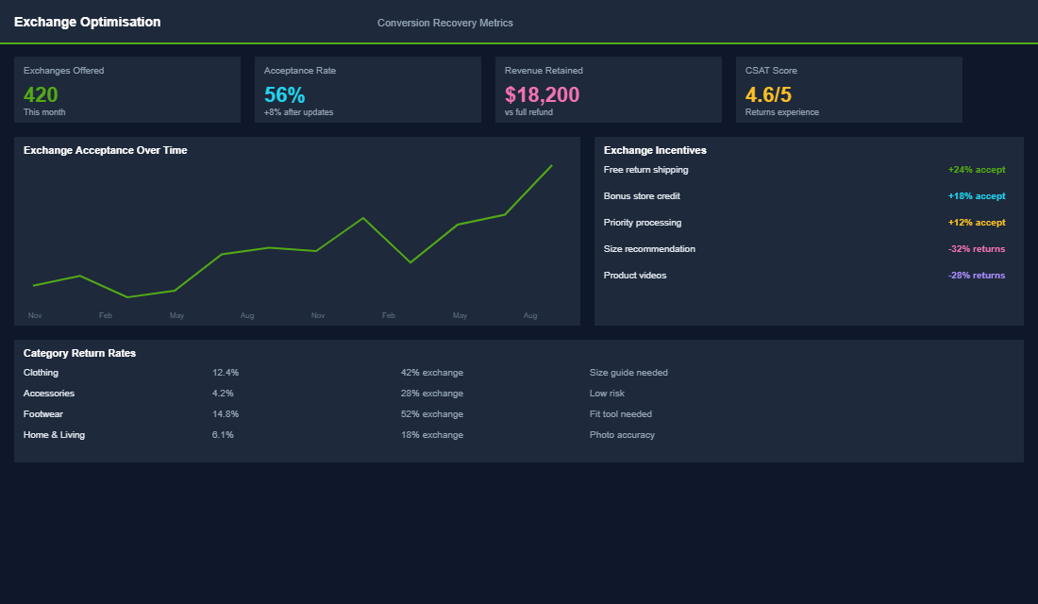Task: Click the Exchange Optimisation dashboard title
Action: coord(87,22)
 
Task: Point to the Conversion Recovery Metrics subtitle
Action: coord(444,23)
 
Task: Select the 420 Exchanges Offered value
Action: coord(41,94)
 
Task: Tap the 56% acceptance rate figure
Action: coord(284,94)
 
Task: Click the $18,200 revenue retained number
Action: coord(542,94)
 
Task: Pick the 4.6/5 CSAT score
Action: coord(768,94)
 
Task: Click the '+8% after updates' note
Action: coord(298,112)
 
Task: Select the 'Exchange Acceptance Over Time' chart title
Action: coord(105,150)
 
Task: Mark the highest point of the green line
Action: coord(551,165)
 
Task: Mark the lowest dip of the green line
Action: coord(127,297)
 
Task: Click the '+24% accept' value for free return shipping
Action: coord(977,170)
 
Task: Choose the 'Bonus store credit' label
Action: coord(642,196)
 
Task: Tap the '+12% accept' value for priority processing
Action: coord(977,223)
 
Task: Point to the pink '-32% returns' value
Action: coord(977,249)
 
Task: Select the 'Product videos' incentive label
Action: coord(634,276)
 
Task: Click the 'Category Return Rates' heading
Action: coord(79,353)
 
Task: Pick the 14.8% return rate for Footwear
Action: coord(226,414)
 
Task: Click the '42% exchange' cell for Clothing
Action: coord(431,373)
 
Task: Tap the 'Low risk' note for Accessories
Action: coord(607,394)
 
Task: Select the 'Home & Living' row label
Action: coord(54,435)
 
